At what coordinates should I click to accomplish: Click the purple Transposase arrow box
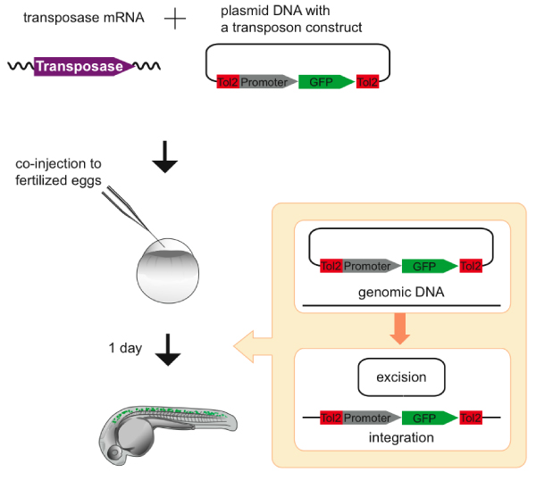click(x=83, y=66)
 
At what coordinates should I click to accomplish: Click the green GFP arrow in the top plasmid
click(x=323, y=82)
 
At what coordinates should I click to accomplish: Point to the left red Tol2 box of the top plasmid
click(x=228, y=82)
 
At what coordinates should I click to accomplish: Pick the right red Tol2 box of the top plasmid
click(x=367, y=82)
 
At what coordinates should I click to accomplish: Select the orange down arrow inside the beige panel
click(x=400, y=328)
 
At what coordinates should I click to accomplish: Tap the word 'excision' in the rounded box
click(x=401, y=377)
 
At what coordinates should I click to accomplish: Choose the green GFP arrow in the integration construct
click(x=427, y=417)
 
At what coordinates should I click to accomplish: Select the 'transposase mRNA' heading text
click(x=80, y=19)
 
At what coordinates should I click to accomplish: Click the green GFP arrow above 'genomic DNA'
click(x=427, y=266)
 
